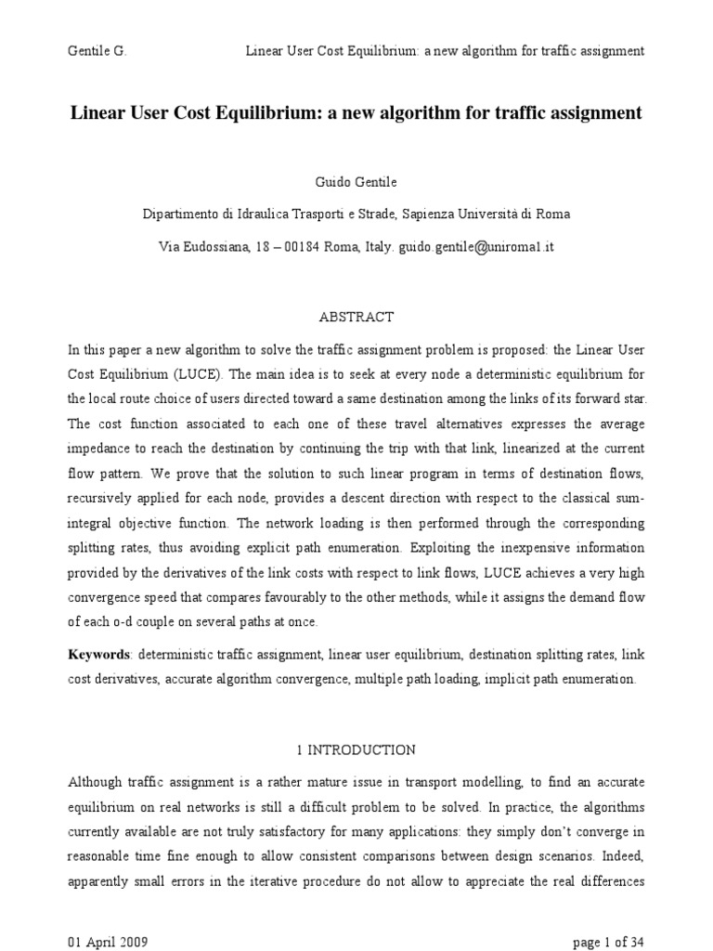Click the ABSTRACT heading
click(x=356, y=318)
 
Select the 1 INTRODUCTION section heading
click(x=356, y=749)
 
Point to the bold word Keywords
click(x=99, y=655)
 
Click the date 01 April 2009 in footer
click(x=108, y=941)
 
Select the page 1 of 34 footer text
click(x=609, y=941)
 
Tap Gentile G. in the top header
click(x=97, y=51)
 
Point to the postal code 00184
click(x=301, y=248)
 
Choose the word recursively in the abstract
click(x=106, y=499)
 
